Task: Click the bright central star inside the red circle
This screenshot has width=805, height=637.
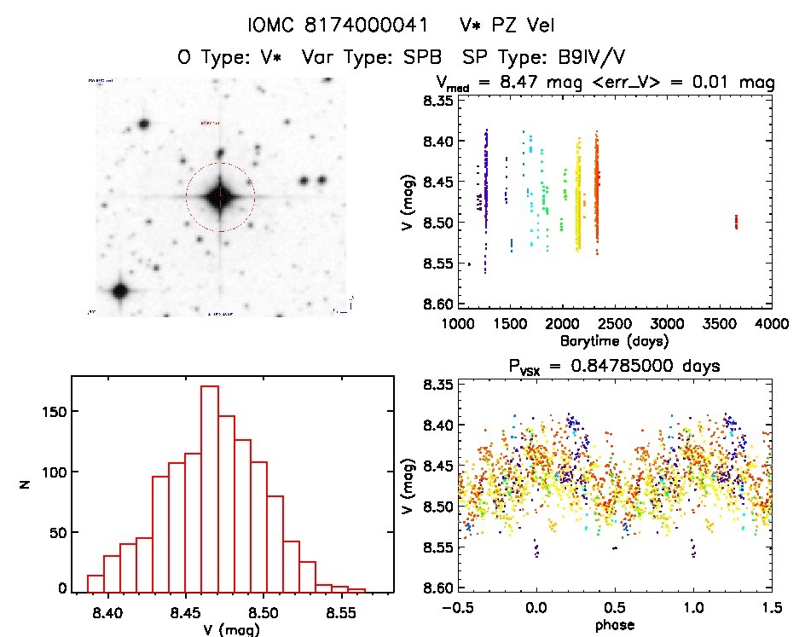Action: [x=220, y=196]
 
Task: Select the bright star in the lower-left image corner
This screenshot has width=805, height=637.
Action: [x=119, y=291]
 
